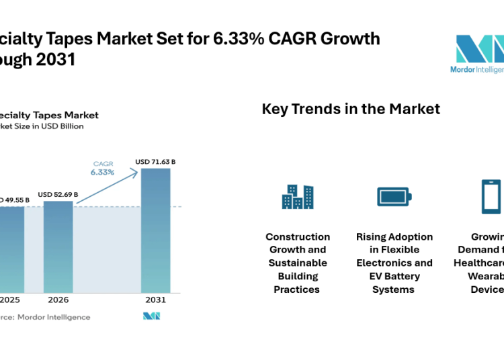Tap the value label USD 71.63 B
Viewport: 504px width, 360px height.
155,162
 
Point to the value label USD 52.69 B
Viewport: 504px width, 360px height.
58,195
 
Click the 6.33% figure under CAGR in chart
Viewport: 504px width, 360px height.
103,172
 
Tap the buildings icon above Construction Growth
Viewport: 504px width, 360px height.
297,196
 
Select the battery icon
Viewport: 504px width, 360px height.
394,196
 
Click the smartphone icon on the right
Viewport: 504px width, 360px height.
491,196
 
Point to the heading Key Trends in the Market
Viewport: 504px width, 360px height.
351,109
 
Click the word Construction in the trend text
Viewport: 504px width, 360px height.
298,236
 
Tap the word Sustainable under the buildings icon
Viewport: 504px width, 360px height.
298,263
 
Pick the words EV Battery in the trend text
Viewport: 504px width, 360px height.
394,276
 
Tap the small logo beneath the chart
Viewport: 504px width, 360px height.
152,316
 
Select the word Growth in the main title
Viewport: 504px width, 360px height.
350,38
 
